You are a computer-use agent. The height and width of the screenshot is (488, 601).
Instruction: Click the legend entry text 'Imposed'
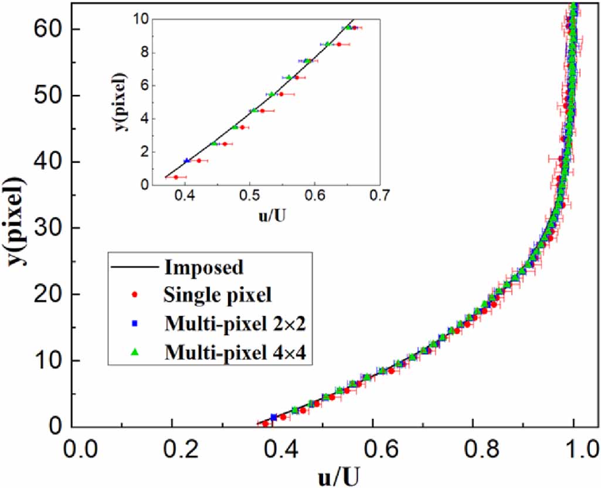204,268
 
